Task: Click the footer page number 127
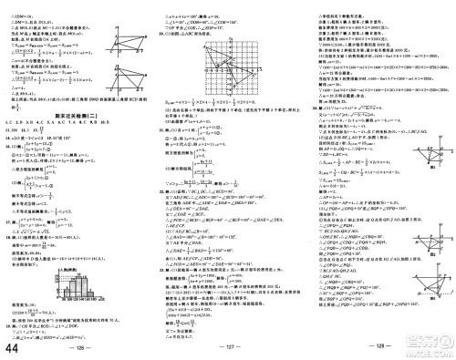pos(228,349)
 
